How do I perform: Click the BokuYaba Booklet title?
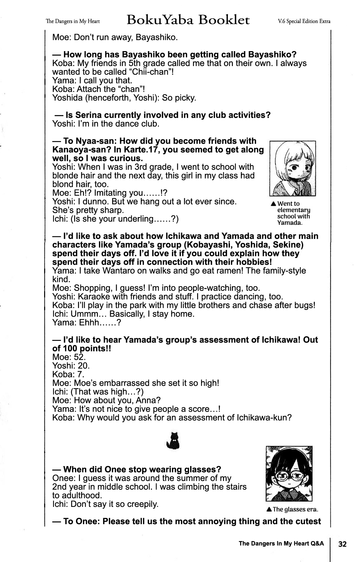click(x=188, y=21)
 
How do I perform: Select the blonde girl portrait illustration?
click(x=292, y=168)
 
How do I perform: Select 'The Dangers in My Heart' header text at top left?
click(x=73, y=22)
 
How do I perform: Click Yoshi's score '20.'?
click(x=84, y=366)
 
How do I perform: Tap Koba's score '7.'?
click(x=81, y=374)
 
